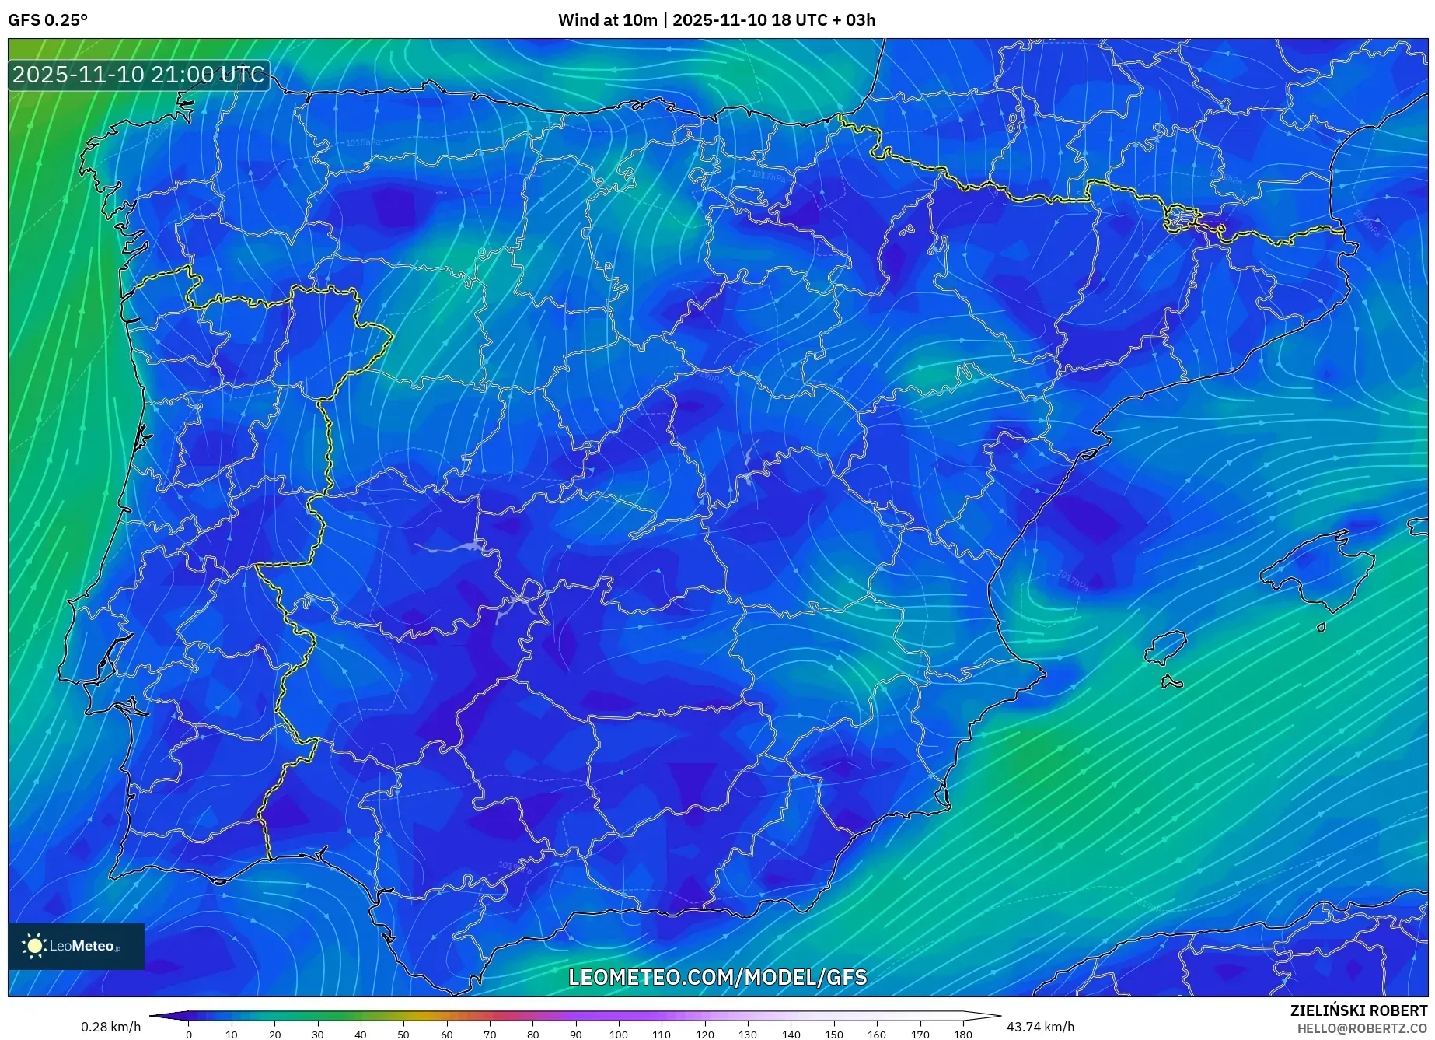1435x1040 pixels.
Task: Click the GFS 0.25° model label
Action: tap(47, 20)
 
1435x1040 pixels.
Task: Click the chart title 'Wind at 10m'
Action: tap(607, 20)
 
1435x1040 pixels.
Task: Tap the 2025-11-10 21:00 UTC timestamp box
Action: tap(139, 75)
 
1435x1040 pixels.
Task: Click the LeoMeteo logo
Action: tap(76, 946)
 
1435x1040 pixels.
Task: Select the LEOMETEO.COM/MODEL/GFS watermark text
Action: tap(717, 978)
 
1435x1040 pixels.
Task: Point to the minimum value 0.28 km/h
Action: tap(110, 1027)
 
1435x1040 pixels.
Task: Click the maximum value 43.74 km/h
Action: tap(1040, 1027)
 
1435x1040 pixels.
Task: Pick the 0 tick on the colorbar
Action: tap(189, 1034)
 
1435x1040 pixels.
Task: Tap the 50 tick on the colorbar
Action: tap(403, 1034)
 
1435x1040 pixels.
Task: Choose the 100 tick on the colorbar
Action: tap(619, 1034)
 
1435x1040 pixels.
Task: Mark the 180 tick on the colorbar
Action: tap(962, 1034)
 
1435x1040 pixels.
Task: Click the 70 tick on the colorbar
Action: tap(490, 1034)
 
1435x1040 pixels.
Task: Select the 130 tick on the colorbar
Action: tap(748, 1034)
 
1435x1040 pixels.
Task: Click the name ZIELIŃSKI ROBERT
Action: tap(1358, 1011)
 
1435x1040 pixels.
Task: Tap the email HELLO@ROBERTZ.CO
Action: tap(1362, 1028)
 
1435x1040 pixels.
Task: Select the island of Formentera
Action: tap(1171, 683)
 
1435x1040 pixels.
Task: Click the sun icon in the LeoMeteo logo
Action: tap(35, 946)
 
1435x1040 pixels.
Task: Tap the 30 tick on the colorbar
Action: tap(317, 1034)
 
